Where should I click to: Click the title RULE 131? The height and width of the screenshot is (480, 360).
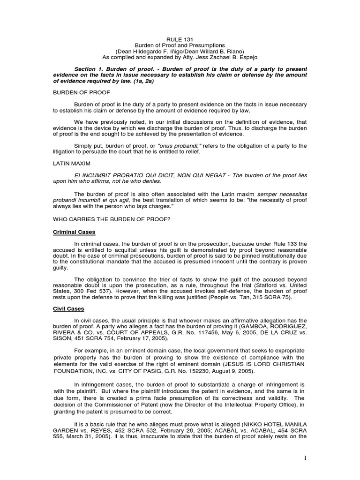(x=180, y=39)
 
